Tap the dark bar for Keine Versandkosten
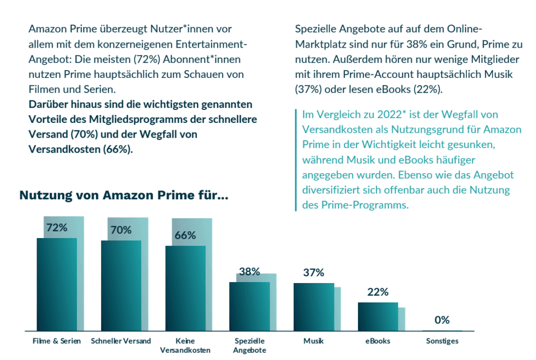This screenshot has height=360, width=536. [x=185, y=288]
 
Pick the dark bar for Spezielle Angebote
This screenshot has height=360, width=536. [x=250, y=307]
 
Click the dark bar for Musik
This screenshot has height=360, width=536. [x=314, y=307]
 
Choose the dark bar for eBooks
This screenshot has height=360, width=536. [x=378, y=317]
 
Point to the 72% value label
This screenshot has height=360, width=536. [x=57, y=228]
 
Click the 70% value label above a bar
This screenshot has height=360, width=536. [x=121, y=230]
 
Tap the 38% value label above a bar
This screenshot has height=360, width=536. [x=250, y=272]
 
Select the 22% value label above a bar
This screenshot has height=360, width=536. [x=378, y=292]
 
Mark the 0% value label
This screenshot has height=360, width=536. [x=442, y=320]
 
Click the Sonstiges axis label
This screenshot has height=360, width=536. [x=442, y=341]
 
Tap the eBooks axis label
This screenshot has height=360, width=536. [x=378, y=341]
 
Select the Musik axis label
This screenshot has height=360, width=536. [x=314, y=341]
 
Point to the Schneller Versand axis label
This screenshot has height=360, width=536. [x=121, y=341]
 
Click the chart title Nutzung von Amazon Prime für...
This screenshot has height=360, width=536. [x=124, y=196]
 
